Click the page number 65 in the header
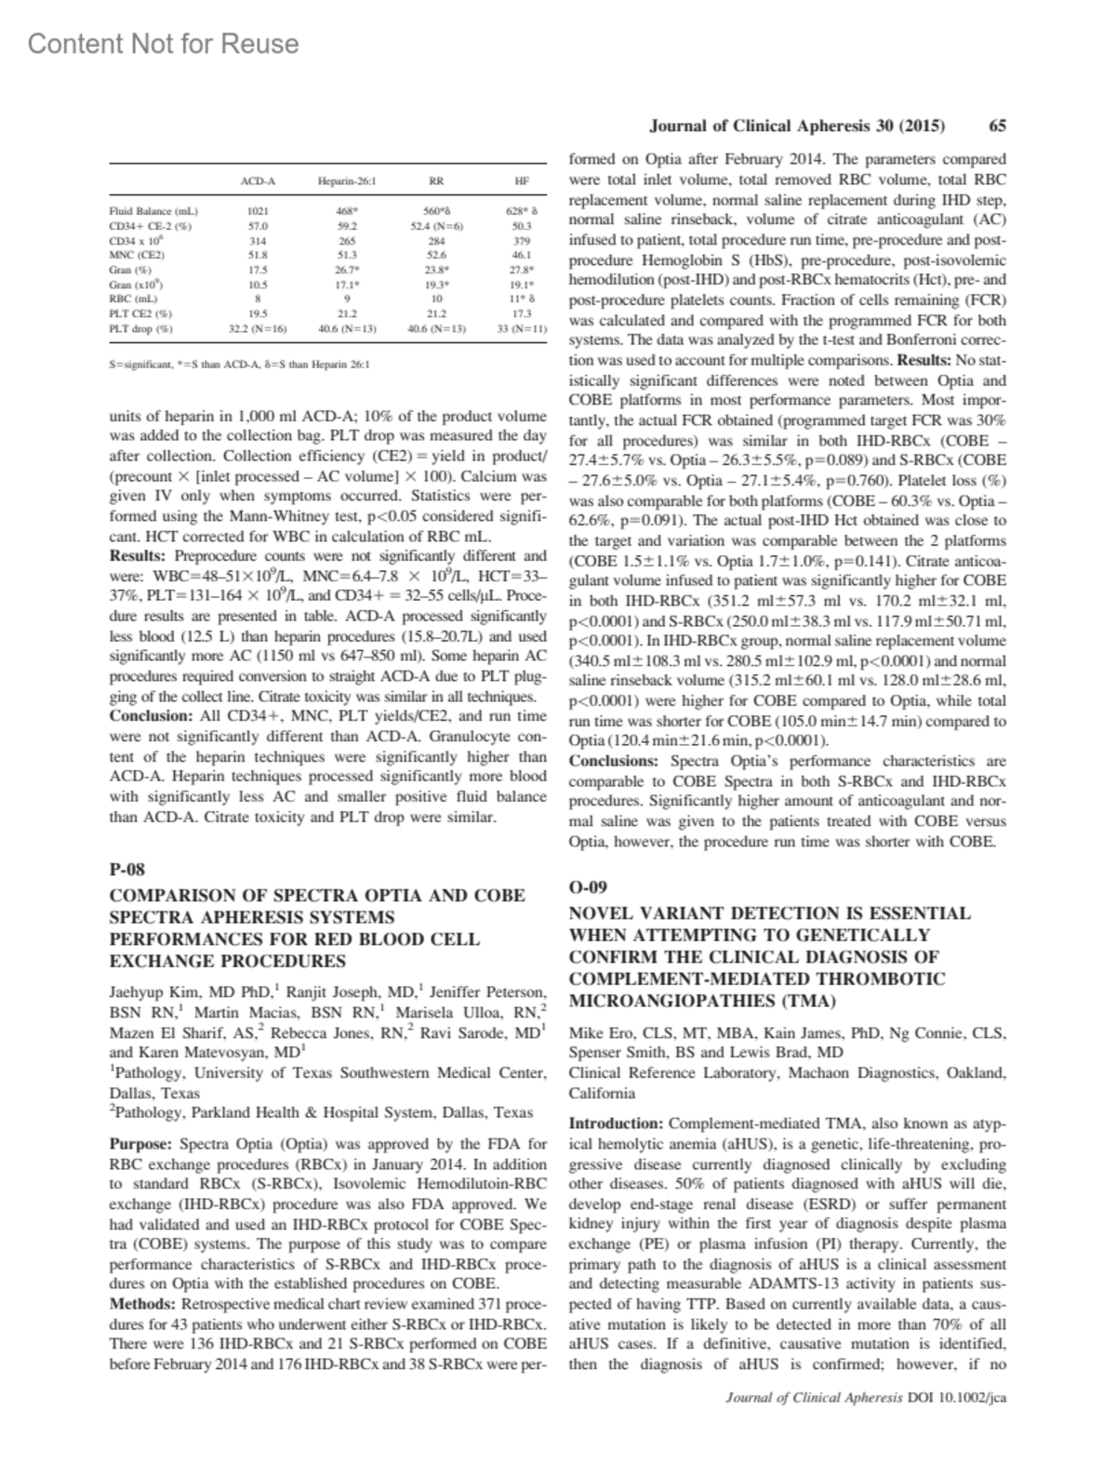[x=997, y=126]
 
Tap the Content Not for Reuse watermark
[x=164, y=44]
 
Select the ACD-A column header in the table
[x=258, y=181]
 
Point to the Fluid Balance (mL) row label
[x=154, y=211]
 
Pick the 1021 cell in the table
[x=258, y=211]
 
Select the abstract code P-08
[x=127, y=870]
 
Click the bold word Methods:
[x=144, y=1304]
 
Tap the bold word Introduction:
[x=617, y=1124]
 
